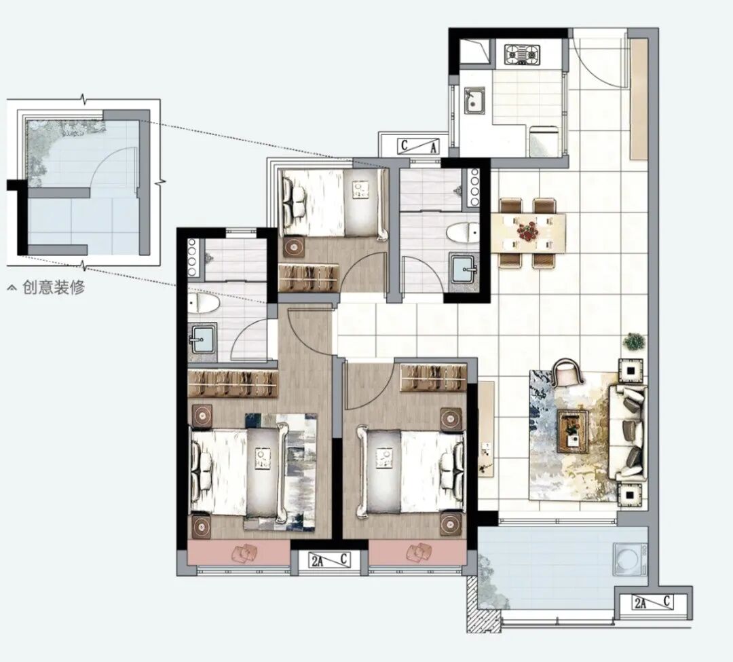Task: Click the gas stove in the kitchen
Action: (522, 55)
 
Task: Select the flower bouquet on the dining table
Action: (528, 231)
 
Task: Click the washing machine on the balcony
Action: (630, 559)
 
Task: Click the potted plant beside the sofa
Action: (634, 342)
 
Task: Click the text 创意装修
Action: (54, 287)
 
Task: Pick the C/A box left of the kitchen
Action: (418, 147)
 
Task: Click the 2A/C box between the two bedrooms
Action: (331, 560)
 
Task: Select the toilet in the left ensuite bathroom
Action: (204, 304)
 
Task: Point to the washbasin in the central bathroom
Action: (464, 268)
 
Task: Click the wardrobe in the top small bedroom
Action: (309, 278)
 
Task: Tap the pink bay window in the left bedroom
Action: (239, 553)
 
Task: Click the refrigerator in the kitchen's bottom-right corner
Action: (544, 141)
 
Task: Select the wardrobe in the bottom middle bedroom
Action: (434, 378)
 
